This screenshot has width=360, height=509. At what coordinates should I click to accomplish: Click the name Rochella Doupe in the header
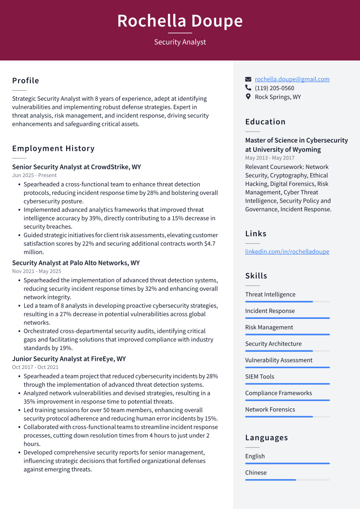[x=180, y=21]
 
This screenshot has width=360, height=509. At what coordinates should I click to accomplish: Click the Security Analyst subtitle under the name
[x=180, y=42]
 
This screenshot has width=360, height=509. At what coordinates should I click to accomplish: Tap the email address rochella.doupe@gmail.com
[x=292, y=79]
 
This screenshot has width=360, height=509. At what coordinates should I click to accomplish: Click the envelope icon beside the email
[x=248, y=79]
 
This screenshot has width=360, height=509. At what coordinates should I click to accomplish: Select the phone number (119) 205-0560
[x=274, y=88]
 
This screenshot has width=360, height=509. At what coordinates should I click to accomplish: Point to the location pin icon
[x=248, y=97]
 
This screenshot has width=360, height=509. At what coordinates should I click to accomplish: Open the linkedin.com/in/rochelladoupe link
[x=287, y=251]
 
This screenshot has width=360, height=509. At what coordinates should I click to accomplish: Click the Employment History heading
[x=53, y=148]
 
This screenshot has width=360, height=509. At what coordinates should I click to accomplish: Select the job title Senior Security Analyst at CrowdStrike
[x=76, y=167]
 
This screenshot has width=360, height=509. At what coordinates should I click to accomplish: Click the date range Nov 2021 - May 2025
[x=37, y=271]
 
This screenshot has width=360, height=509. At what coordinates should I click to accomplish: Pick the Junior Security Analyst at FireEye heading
[x=69, y=359]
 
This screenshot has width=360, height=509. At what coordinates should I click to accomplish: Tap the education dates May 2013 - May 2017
[x=270, y=158]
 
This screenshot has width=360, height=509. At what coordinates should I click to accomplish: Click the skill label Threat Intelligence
[x=270, y=294]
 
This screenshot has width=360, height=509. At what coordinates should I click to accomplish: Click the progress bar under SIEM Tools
[x=287, y=384]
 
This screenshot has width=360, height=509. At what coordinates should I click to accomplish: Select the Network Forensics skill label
[x=270, y=409]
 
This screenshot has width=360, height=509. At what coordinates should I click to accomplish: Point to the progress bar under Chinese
[x=287, y=480]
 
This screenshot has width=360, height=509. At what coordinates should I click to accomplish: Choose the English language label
[x=255, y=456]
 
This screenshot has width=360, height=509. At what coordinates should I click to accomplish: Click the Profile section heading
[x=25, y=80]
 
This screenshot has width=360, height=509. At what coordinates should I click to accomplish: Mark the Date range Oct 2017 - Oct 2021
[x=35, y=367]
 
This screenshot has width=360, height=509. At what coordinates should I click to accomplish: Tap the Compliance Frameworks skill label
[x=278, y=393]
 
